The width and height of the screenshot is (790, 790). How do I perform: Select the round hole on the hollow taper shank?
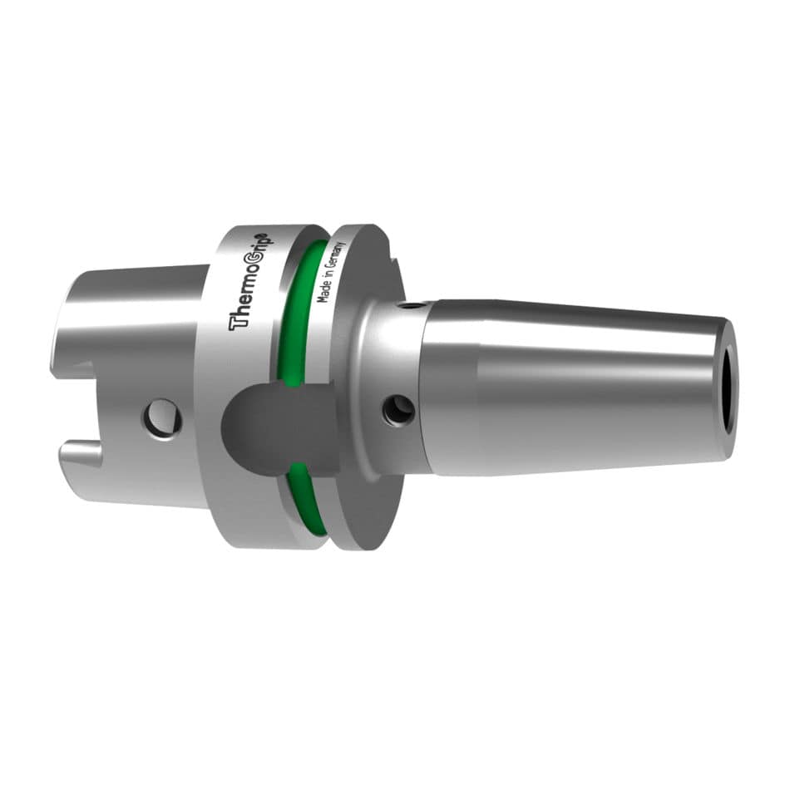[163, 417]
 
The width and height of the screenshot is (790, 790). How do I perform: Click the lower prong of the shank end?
[79, 457]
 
